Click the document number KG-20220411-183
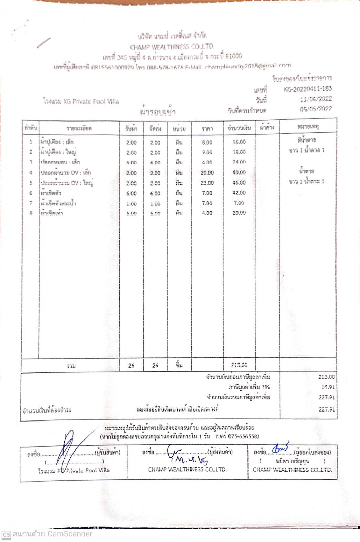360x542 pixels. click(x=308, y=89)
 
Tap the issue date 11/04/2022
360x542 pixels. click(x=315, y=99)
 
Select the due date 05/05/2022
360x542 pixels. click(x=315, y=109)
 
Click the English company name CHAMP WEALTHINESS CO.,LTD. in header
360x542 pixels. click(x=172, y=47)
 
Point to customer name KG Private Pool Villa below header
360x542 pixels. click(x=81, y=101)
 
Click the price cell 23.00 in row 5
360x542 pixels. click(x=207, y=183)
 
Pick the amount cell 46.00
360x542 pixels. click(x=239, y=183)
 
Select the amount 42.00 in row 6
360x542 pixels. click(x=239, y=193)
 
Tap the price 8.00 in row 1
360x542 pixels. click(x=207, y=142)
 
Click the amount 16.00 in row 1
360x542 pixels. click(x=239, y=142)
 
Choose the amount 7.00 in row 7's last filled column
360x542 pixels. click(x=239, y=203)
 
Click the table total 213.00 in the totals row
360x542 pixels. click(x=239, y=365)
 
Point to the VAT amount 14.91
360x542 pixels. click(x=328, y=387)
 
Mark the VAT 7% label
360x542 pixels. click(x=249, y=387)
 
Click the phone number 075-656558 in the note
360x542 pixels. click(x=244, y=436)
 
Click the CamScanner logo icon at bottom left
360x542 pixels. click(x=6, y=534)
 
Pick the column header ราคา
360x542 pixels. click(x=207, y=129)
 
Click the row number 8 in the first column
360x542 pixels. click(x=31, y=213)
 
